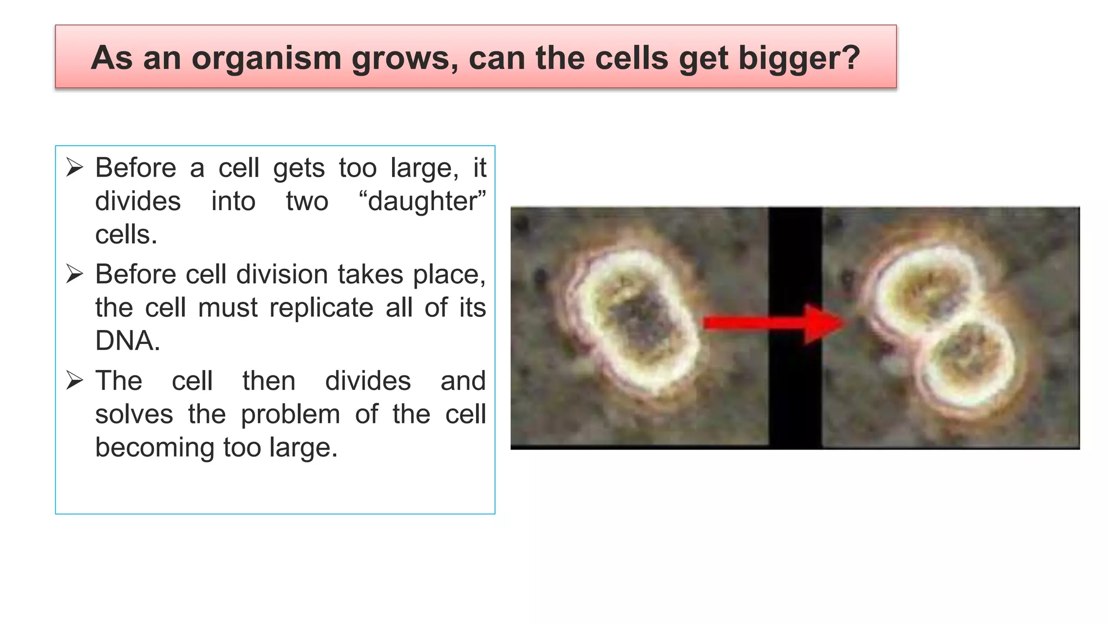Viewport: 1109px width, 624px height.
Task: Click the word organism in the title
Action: pyautogui.click(x=267, y=58)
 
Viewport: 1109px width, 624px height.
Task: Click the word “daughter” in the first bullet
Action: pyautogui.click(x=422, y=201)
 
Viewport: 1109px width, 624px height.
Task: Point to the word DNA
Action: pyautogui.click(x=128, y=341)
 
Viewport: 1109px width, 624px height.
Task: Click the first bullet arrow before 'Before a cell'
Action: pyautogui.click(x=75, y=167)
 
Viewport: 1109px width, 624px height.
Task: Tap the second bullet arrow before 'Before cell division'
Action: pyautogui.click(x=75, y=274)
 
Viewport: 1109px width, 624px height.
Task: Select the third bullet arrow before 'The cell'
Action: pyautogui.click(x=75, y=381)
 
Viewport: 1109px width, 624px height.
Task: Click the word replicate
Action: pyautogui.click(x=321, y=308)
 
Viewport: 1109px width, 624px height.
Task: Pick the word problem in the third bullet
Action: pyautogui.click(x=290, y=415)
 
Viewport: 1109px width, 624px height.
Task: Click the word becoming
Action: pyautogui.click(x=155, y=448)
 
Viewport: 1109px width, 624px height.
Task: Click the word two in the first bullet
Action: pyautogui.click(x=307, y=201)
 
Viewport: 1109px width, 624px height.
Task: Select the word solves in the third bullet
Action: pyautogui.click(x=134, y=415)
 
